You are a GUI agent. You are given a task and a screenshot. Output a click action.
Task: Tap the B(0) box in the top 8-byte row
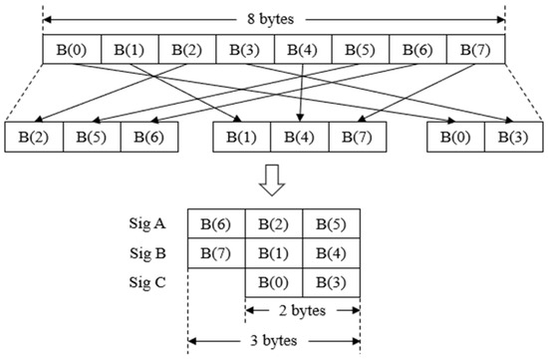click(72, 49)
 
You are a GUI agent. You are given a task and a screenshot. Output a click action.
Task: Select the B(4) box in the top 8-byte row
click(302, 49)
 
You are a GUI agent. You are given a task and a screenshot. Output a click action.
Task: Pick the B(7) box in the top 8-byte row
click(475, 49)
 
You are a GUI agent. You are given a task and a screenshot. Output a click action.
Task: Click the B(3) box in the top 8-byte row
click(244, 49)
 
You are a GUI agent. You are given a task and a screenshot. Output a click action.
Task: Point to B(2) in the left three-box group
click(34, 137)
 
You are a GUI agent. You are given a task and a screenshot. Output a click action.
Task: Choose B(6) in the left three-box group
click(149, 137)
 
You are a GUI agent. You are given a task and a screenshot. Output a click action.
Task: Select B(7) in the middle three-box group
click(358, 137)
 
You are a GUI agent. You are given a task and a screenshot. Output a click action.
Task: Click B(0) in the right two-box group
click(456, 137)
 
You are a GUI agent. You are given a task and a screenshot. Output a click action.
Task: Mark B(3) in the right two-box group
click(513, 137)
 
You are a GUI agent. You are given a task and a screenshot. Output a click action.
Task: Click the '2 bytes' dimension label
click(302, 310)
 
